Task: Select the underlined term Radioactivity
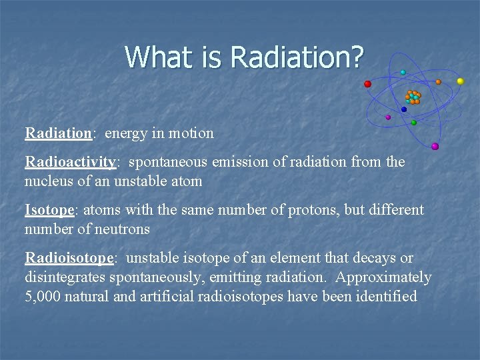(71, 162)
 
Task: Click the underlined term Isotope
(50, 210)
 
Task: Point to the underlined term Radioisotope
(71, 258)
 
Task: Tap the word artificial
(167, 296)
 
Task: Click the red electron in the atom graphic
(367, 84)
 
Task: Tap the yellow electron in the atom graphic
(460, 81)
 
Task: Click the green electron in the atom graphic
(414, 123)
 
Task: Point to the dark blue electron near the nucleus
(404, 109)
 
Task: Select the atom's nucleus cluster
(413, 97)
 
